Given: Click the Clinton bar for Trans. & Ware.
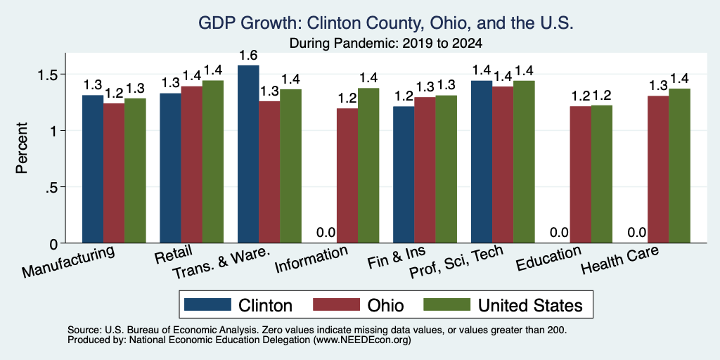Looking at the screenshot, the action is tap(248, 154).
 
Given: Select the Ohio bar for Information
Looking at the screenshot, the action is tap(347, 175).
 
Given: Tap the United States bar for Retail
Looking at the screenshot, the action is tap(213, 162).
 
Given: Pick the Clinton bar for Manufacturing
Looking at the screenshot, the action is tap(93, 169).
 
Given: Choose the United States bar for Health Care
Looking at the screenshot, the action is tap(680, 166).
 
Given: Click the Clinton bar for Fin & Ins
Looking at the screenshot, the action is tap(404, 174).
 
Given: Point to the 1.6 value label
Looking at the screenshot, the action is tap(248, 56).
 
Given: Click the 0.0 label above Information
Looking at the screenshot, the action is tap(326, 233).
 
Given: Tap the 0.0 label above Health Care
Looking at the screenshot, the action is tap(637, 233).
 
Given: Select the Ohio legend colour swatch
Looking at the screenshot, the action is tap(336, 304).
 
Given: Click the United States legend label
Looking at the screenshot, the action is tap(530, 305).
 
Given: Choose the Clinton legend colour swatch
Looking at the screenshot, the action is tap(207, 304).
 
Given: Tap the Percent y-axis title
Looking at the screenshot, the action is tap(22, 148).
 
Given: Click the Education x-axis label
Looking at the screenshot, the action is tap(548, 259).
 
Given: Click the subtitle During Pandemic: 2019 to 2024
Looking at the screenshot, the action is tap(386, 44).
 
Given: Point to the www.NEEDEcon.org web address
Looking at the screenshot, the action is tap(363, 340).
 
